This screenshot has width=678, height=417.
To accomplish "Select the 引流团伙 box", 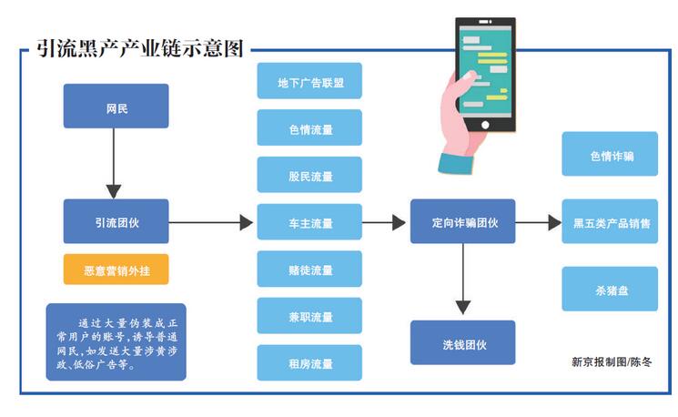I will click(116, 221).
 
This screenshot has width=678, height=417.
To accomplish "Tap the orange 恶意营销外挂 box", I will click(116, 270).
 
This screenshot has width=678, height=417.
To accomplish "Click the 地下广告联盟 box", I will click(309, 81).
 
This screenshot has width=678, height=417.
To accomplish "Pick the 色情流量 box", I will click(309, 128).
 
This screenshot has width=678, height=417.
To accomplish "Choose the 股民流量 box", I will click(309, 175).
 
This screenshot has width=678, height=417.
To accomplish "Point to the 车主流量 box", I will click(309, 222).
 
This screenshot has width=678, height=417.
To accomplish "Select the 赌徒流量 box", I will click(309, 270).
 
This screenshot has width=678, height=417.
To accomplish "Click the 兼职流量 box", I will click(309, 316).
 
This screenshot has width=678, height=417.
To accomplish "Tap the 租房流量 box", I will click(309, 363).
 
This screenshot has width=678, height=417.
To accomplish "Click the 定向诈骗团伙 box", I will click(462, 221).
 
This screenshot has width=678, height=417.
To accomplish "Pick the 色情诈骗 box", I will click(610, 155).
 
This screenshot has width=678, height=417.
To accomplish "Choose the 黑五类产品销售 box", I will click(610, 222).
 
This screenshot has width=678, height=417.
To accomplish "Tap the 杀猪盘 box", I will click(610, 290).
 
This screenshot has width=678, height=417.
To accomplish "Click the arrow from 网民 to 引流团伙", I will click(114, 164).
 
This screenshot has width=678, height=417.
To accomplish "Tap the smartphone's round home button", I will click(485, 125).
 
